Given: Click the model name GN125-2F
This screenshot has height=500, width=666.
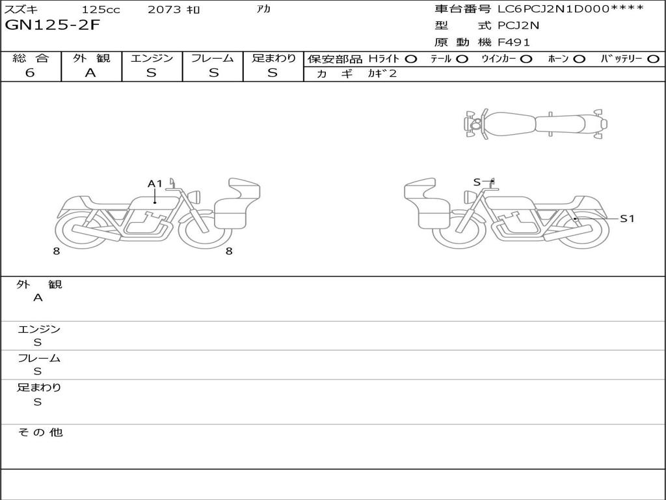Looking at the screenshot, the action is pyautogui.click(x=52, y=25).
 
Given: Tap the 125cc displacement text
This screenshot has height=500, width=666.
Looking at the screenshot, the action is pyautogui.click(x=101, y=9).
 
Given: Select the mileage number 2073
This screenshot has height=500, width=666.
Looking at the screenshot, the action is pyautogui.click(x=165, y=9).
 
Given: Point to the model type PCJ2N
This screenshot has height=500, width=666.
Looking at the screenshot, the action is pyautogui.click(x=518, y=25).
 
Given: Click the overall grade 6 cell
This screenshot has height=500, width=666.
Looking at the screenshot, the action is pyautogui.click(x=30, y=73).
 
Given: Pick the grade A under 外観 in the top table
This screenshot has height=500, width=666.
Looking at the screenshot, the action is pyautogui.click(x=90, y=73).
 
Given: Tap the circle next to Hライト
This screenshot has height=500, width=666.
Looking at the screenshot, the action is pyautogui.click(x=411, y=59).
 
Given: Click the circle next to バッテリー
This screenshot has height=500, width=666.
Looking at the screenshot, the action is pyautogui.click(x=653, y=59).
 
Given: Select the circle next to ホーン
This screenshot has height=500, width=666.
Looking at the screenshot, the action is pyautogui.click(x=579, y=59).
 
